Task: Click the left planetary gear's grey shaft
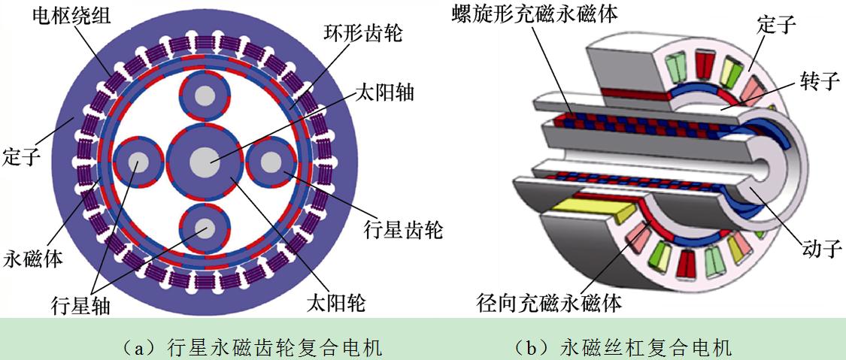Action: coord(138,162)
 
